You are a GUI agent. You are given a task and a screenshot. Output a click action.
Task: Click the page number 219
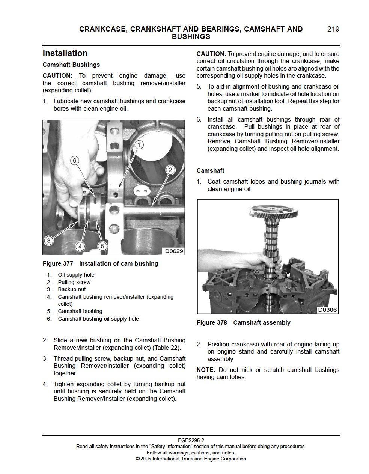(x=333, y=29)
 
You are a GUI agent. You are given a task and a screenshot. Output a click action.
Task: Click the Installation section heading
(x=65, y=53)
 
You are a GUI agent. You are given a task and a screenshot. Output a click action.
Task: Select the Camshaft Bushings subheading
(x=71, y=65)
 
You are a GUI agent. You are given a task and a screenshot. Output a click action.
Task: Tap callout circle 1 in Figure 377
(x=139, y=145)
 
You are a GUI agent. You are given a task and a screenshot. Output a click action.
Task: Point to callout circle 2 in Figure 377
(x=170, y=170)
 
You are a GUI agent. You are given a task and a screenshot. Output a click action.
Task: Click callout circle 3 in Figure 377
(x=48, y=241)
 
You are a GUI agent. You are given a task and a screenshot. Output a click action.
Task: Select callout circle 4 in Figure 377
(x=80, y=246)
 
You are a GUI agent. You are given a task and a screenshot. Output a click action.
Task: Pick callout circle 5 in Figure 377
(x=102, y=246)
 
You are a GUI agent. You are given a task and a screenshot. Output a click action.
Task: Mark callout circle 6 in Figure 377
(x=74, y=161)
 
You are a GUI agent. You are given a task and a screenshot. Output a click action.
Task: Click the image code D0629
(x=174, y=251)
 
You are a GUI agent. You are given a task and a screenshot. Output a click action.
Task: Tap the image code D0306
(x=327, y=310)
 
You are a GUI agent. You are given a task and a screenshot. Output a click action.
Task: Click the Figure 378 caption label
(x=212, y=323)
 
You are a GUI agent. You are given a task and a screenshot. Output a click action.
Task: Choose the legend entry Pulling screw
(x=74, y=282)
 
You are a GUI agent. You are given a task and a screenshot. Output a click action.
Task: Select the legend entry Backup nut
(x=72, y=289)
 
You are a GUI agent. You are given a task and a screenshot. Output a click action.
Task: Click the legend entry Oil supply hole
(x=76, y=275)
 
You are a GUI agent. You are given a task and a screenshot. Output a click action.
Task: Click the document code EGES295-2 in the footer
(x=191, y=440)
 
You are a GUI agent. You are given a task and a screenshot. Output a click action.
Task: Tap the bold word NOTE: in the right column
(x=206, y=370)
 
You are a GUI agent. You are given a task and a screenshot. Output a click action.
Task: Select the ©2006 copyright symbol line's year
(x=146, y=459)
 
